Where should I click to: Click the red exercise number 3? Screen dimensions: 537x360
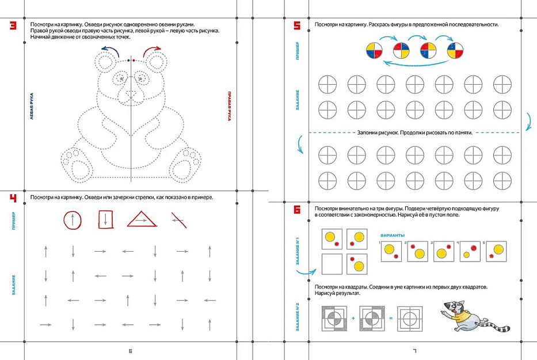tap(13, 25)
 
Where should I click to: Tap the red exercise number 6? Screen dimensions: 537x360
tap(297, 209)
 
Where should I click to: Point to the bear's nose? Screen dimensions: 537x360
tap(131, 93)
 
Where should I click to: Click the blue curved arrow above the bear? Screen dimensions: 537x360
tap(111, 51)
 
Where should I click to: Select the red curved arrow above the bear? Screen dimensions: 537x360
tap(151, 51)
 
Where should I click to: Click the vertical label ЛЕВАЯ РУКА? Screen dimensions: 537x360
tap(32, 106)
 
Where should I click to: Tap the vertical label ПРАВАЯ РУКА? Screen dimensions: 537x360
tap(229, 106)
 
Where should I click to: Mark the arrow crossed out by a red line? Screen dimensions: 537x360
tap(178, 221)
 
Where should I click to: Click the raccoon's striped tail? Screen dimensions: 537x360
tap(496, 325)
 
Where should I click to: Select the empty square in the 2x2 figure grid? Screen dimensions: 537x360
tap(332, 264)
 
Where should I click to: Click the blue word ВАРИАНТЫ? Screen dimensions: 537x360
tap(393, 236)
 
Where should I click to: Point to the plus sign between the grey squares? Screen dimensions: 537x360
tap(353, 318)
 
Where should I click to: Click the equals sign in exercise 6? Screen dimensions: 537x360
tap(391, 318)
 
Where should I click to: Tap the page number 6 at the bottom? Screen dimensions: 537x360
tap(130, 351)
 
